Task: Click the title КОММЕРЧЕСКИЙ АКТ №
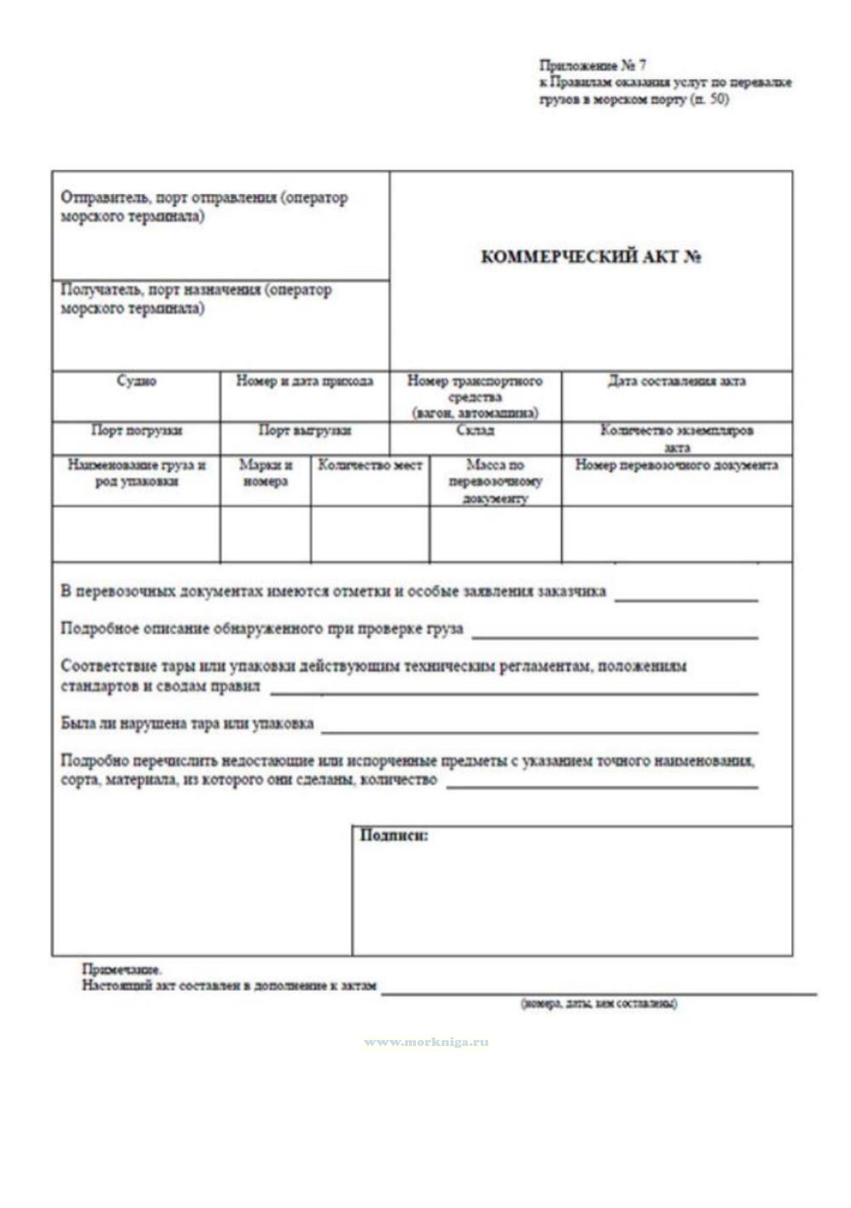[591, 257]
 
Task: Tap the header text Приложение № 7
[593, 66]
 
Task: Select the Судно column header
[136, 381]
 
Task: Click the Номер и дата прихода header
[304, 381]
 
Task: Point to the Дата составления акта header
[677, 381]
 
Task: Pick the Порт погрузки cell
[136, 431]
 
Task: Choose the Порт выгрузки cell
[304, 431]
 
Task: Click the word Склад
[475, 431]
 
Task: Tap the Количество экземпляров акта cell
[677, 438]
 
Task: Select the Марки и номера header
[266, 473]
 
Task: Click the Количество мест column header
[370, 466]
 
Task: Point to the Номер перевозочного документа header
[677, 466]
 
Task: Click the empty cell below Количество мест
[370, 535]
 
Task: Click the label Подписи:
[394, 836]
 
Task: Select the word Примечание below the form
[121, 969]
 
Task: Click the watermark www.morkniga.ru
[426, 1042]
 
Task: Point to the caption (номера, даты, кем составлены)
[598, 1004]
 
